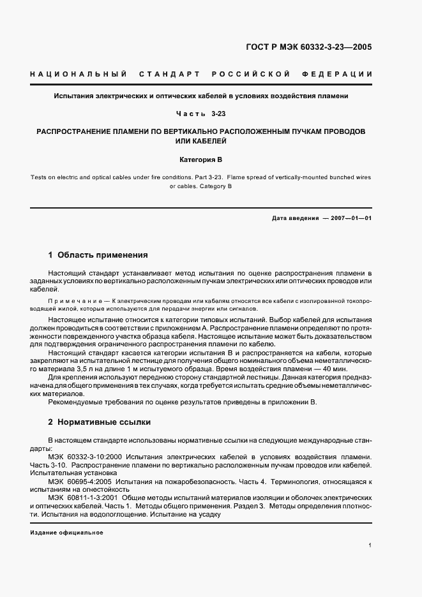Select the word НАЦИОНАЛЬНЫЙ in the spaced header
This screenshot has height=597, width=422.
(x=77, y=74)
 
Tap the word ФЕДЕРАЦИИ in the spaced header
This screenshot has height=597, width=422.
(x=342, y=74)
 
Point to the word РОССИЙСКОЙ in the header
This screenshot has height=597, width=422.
(x=253, y=74)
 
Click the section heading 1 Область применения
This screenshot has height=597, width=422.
(x=98, y=255)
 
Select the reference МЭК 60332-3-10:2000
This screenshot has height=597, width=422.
(x=85, y=457)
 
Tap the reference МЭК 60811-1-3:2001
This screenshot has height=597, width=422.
(x=85, y=497)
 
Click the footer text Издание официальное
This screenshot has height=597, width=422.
(x=66, y=533)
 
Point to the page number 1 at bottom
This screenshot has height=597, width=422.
(x=370, y=546)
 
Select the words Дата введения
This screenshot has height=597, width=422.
(x=295, y=218)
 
